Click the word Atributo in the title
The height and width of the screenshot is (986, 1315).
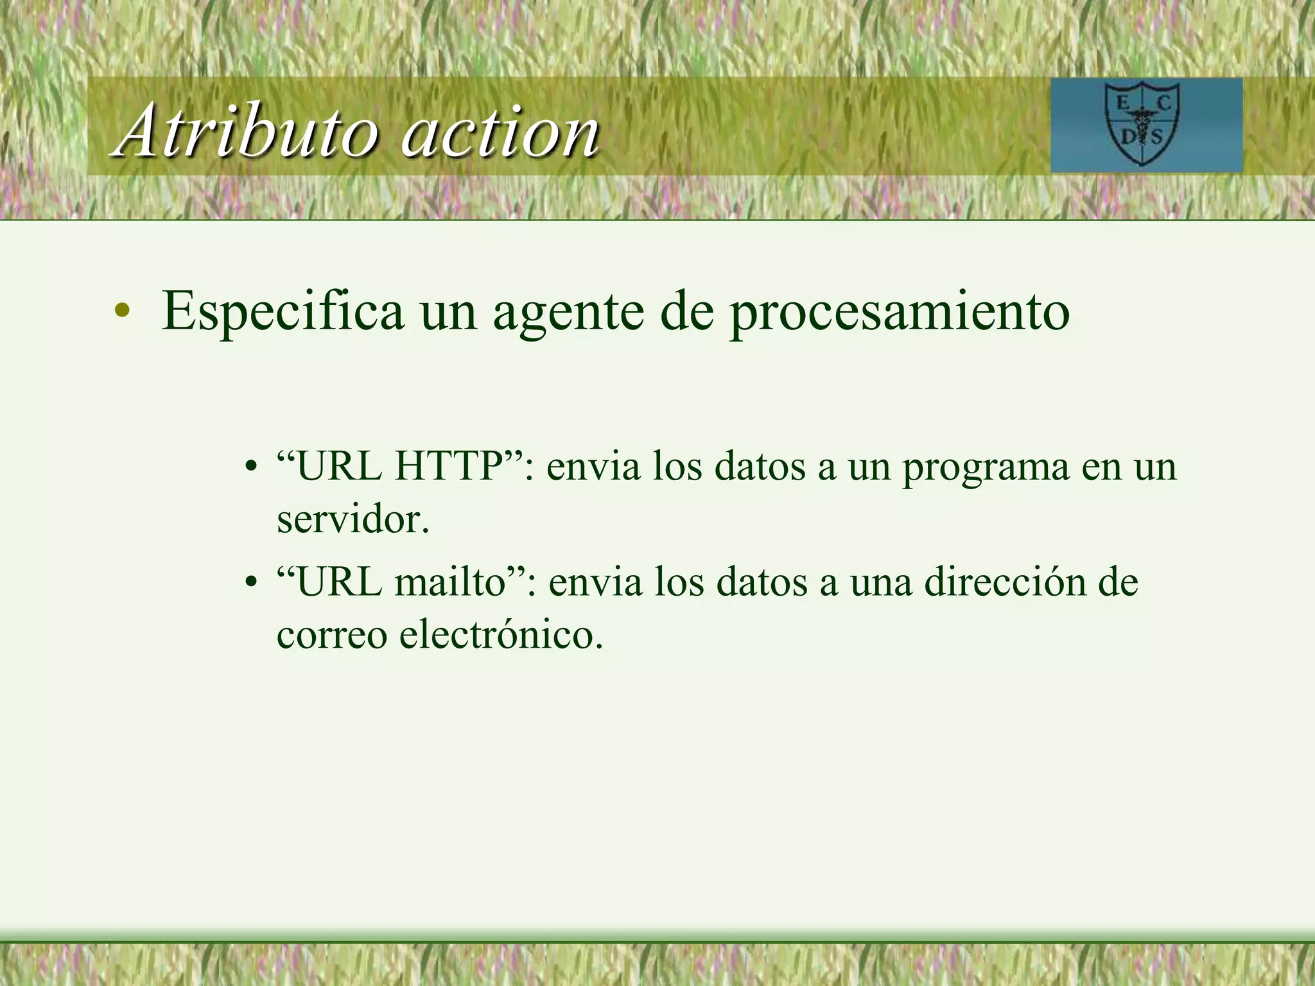pos(247,132)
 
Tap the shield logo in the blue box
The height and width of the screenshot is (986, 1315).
pos(1142,124)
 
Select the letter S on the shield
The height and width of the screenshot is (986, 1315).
pos(1157,137)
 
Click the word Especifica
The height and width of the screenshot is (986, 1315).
pos(283,311)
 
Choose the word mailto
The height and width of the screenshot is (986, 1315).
pos(450,582)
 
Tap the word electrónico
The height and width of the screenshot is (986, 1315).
pos(501,635)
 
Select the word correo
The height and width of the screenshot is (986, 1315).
pos(332,636)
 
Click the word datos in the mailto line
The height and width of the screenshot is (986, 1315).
pos(762,582)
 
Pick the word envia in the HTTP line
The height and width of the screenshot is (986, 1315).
pos(593,466)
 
